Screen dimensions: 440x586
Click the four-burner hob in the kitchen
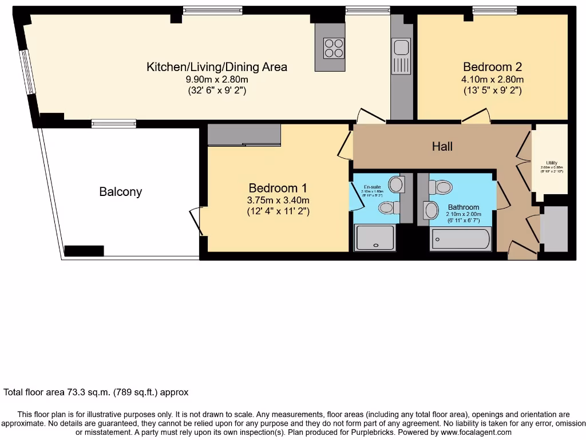tap(334, 48)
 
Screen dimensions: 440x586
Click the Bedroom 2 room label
tap(492, 66)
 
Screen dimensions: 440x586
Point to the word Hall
tap(442, 147)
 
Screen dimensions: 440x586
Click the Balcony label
tap(120, 192)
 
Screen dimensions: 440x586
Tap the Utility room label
tap(552, 163)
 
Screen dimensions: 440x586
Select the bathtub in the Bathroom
tap(461, 238)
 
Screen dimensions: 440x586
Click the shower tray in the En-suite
tap(375, 238)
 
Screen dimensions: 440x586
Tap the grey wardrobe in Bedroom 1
tap(244, 135)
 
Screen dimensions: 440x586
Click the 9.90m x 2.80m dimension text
tap(217, 79)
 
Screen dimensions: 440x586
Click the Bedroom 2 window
tap(494, 9)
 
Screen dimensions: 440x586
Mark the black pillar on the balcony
tap(84, 250)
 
